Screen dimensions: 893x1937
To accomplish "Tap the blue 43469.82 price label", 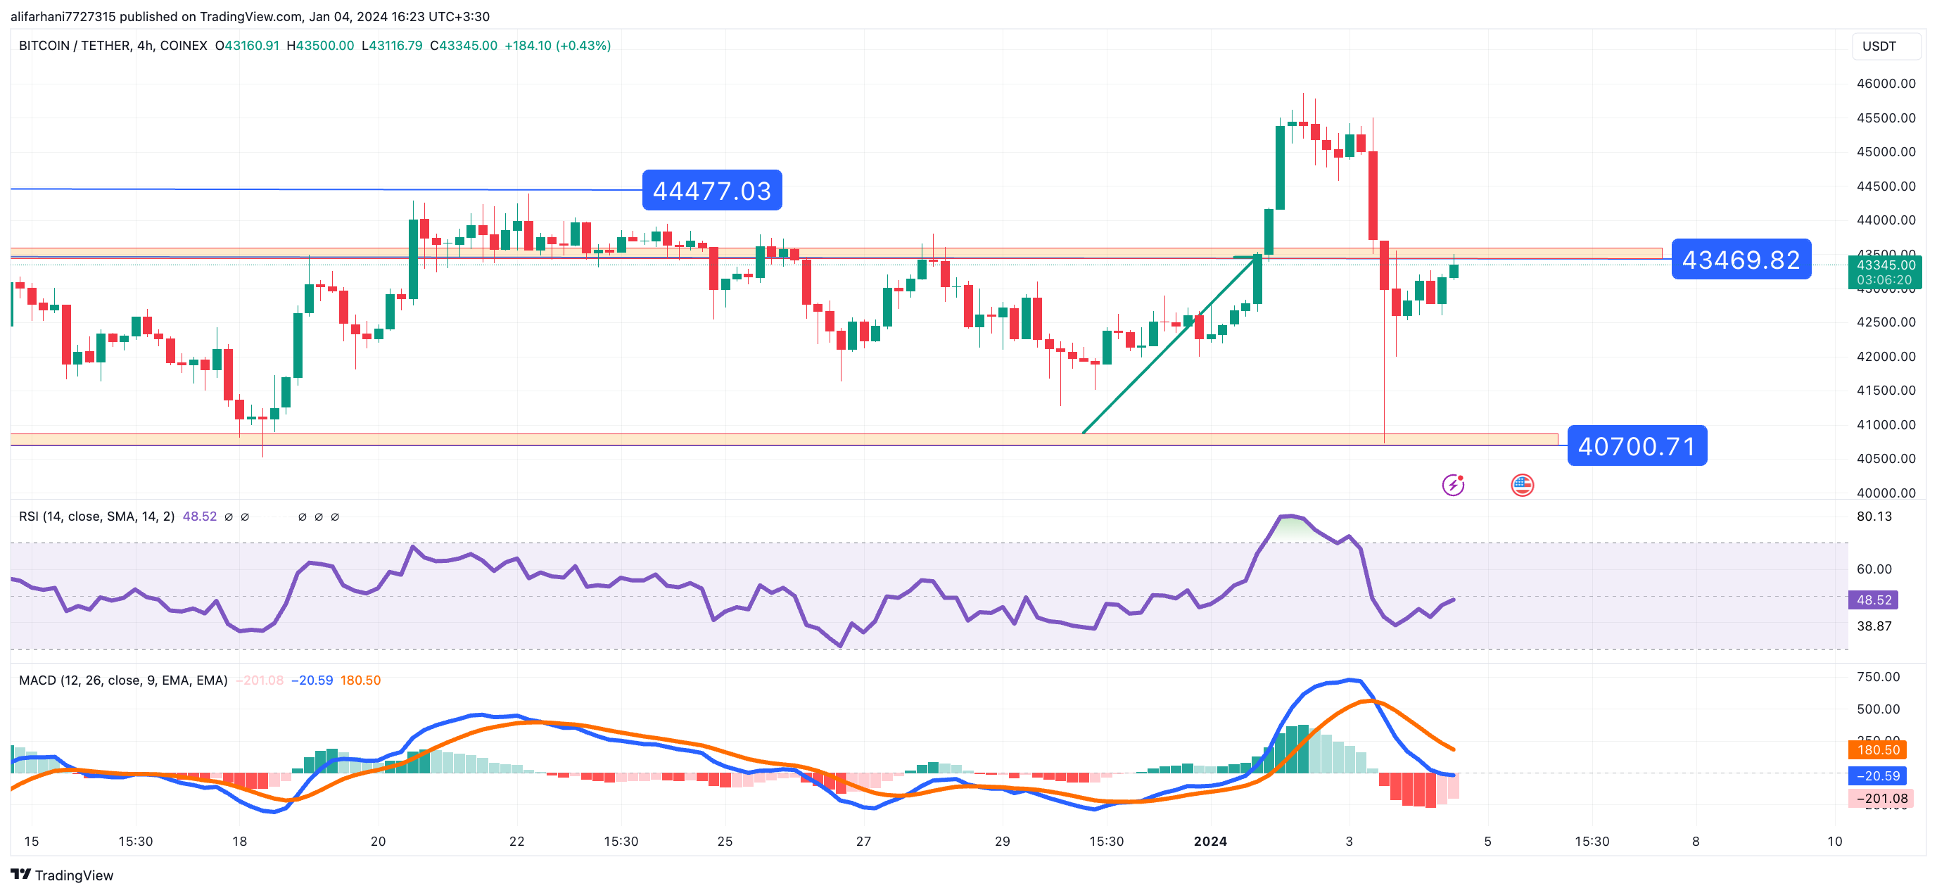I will (x=1740, y=260).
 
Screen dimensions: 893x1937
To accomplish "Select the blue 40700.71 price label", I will (x=1637, y=446).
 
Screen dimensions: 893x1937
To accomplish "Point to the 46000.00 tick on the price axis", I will (x=1885, y=84).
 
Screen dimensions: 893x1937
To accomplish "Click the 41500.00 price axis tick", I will (x=1885, y=391).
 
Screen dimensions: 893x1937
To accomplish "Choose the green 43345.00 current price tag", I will (x=1885, y=265).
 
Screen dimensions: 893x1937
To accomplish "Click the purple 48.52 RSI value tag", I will (x=1873, y=600).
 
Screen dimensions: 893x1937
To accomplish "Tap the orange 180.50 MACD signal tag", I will (x=1878, y=749).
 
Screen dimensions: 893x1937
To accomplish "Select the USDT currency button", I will (x=1879, y=46).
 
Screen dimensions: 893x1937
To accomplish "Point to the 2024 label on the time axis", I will (x=1210, y=841).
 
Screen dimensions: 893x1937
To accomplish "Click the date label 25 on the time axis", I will (x=725, y=841).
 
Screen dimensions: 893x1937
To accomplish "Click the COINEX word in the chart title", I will (x=184, y=46).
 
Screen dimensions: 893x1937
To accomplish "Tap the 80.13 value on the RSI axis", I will (x=1873, y=516).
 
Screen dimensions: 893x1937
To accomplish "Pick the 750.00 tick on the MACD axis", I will (x=1878, y=676).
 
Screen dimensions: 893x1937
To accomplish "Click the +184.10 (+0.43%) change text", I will (x=557, y=46).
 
